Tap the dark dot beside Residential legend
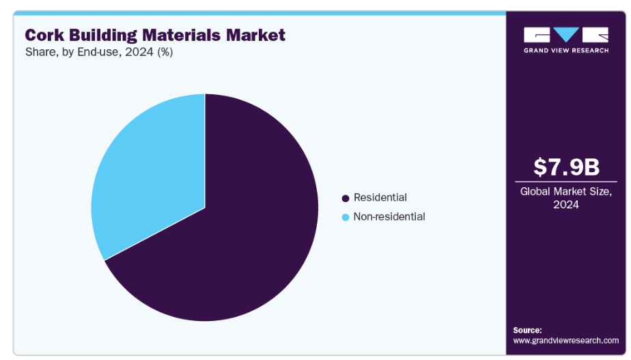click(346, 198)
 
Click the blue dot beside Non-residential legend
click(346, 217)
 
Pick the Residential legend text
click(380, 198)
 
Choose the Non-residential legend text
click(389, 217)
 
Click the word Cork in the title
click(45, 36)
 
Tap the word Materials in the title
click(187, 36)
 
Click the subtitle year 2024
click(141, 53)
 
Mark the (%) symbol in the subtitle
click(165, 53)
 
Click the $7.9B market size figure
click(566, 167)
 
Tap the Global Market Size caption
click(566, 192)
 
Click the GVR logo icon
click(565, 36)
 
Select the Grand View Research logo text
click(565, 51)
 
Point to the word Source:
click(527, 330)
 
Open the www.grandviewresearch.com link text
click(565, 340)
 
